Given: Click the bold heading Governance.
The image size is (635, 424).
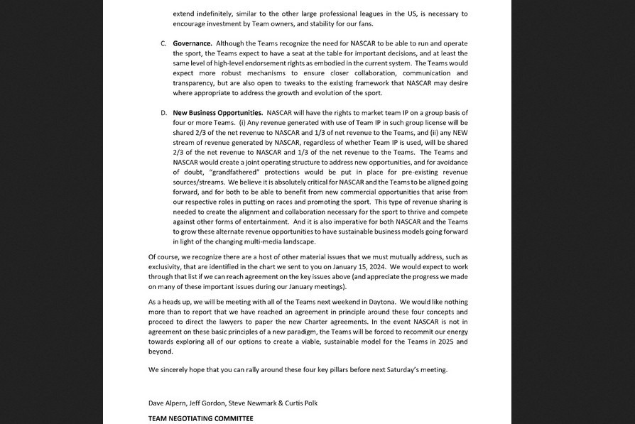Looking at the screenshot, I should coord(192,43).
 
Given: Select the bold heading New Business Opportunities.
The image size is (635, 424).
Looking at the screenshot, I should coord(217,113).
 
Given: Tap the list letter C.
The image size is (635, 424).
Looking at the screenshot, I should coord(163,43).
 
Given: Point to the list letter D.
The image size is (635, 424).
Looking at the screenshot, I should coord(163,113).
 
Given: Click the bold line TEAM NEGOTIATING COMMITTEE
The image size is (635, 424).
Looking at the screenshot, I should coord(200,418).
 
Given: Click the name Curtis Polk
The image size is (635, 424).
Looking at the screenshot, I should coord(299,403).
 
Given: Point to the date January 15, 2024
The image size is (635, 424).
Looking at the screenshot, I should coord(335,267).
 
